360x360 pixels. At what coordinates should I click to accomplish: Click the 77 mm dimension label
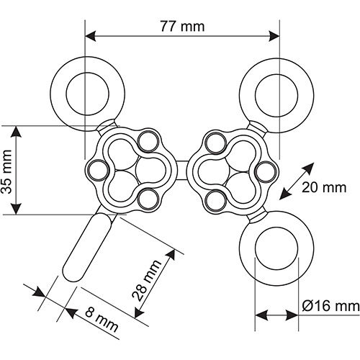point(182,27)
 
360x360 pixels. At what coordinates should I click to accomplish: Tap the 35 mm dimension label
point(6,171)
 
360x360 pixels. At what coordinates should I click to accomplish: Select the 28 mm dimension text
point(147,280)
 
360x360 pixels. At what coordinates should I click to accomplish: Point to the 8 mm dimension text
point(102,320)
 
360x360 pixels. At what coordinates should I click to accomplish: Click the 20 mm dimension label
point(324,187)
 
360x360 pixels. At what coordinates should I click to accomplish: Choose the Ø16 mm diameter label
point(331,306)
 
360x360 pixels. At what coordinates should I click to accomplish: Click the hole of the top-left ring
point(88,94)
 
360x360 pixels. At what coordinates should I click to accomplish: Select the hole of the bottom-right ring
point(276,248)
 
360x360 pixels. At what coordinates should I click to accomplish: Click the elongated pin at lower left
point(87,247)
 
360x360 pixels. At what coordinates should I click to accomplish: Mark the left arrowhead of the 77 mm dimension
point(91,36)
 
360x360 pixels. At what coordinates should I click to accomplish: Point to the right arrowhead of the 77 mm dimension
point(274,36)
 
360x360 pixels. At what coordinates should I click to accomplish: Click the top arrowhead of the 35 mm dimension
point(17,132)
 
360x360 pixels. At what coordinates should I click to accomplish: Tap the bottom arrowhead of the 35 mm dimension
point(17,208)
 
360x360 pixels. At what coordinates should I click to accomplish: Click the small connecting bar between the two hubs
point(182,170)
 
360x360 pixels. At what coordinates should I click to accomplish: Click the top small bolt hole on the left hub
point(148,141)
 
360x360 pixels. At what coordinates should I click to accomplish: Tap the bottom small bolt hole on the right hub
point(216,201)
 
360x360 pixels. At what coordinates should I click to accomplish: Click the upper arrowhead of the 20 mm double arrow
point(309,168)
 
